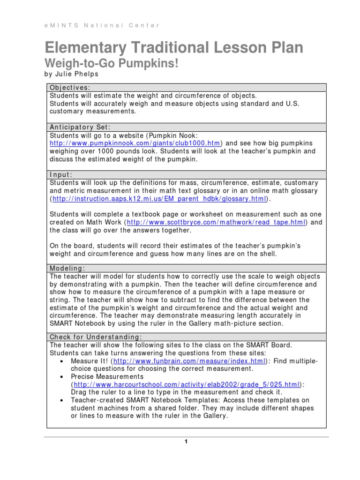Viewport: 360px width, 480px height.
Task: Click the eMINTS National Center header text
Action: pos(102,25)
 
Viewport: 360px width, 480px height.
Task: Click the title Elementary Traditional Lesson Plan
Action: pos(174,48)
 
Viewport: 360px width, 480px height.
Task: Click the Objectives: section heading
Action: pos(70,87)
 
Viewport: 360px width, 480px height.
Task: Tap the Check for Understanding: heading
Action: pos(95,337)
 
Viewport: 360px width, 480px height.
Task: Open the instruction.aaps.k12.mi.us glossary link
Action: pos(159,199)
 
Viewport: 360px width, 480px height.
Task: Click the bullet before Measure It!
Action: pos(62,361)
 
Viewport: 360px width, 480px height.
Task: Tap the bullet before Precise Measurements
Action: pos(62,376)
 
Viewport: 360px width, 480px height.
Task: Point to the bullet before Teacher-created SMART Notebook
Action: pos(62,400)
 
